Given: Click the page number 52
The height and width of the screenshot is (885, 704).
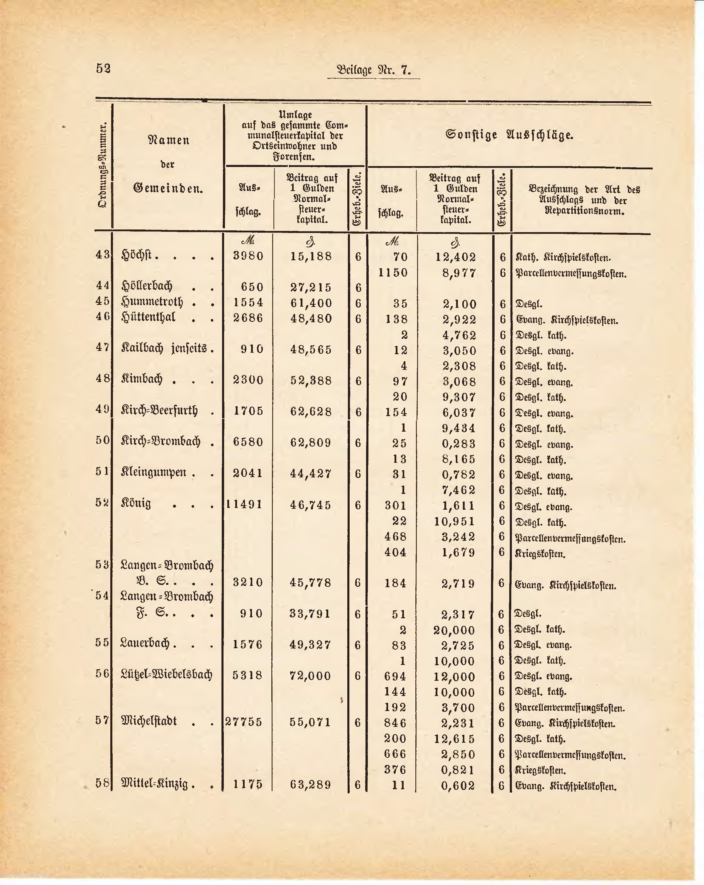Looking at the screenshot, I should pos(103,68).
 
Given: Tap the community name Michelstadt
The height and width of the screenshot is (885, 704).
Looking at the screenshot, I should pos(149,721).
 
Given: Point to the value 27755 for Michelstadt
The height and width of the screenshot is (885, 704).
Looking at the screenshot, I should pos(244,722).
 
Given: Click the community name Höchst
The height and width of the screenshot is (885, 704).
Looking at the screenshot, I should pos(137,255).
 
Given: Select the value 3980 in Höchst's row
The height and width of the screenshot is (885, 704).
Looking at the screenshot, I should pos(248,256).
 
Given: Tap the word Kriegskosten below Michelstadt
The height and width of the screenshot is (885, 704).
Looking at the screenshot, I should pos(540,771).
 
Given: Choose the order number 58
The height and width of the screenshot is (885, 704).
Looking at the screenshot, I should pos(103,783).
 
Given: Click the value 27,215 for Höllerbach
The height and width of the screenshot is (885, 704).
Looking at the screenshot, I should pos(311,287).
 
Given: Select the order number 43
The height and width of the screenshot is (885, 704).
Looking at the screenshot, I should pos(103,255).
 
